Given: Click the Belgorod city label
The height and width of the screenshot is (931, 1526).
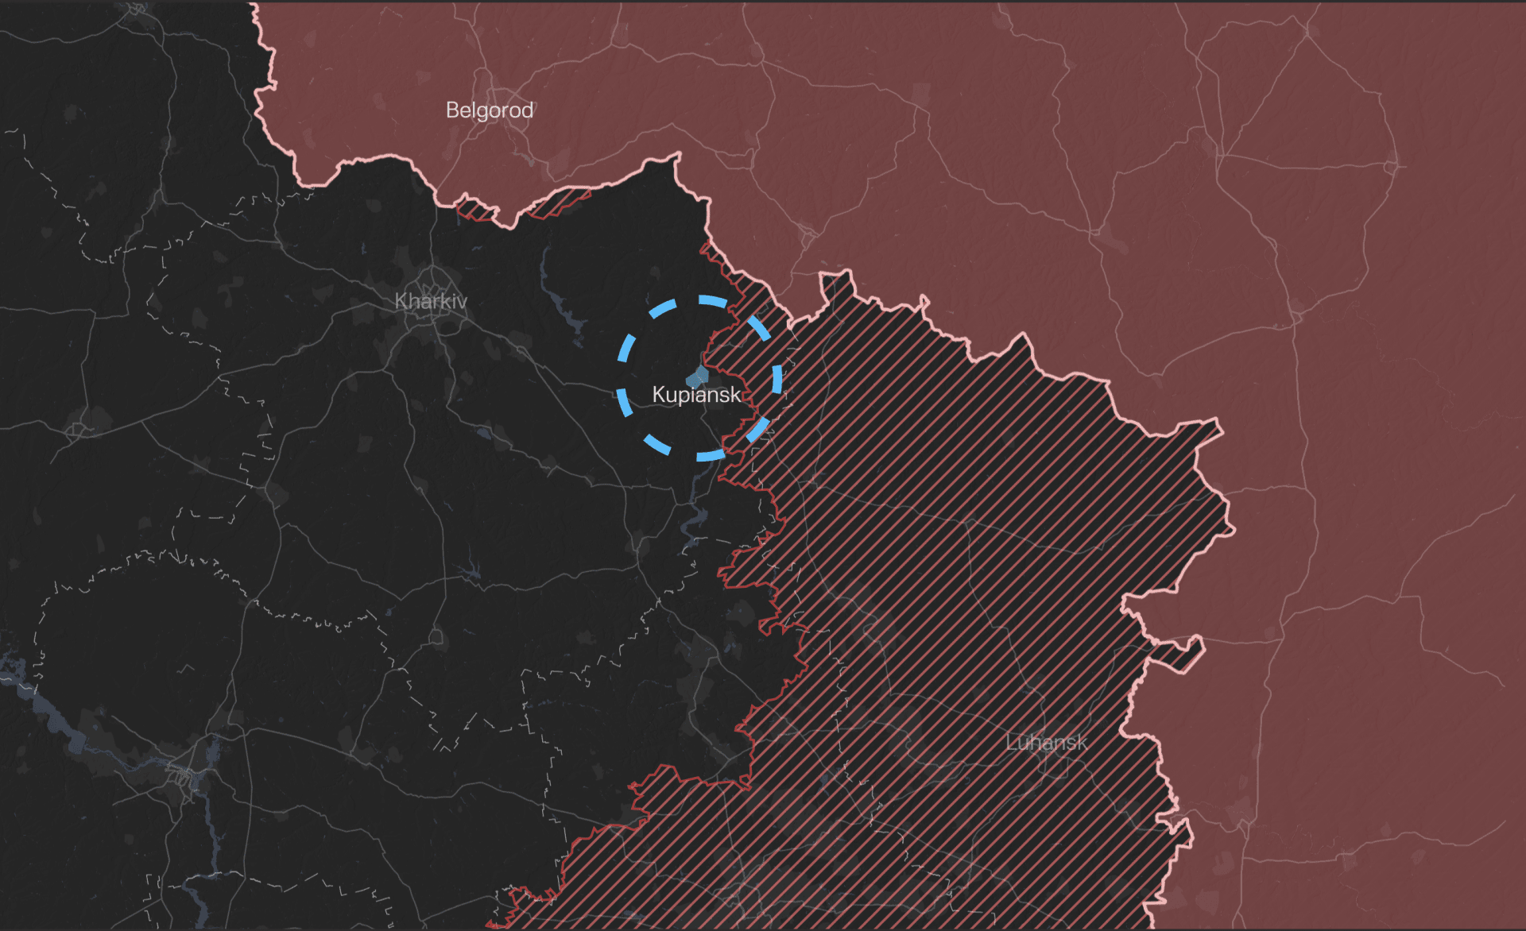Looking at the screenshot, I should pos(489,110).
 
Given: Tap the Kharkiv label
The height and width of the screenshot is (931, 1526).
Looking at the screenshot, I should pos(431,301).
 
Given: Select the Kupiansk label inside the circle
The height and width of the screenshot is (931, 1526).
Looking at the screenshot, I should pos(696,394).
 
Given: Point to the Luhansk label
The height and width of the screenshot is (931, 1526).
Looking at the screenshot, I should pos(1046,742).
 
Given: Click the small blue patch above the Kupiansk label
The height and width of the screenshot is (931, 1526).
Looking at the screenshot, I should pos(699,376).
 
